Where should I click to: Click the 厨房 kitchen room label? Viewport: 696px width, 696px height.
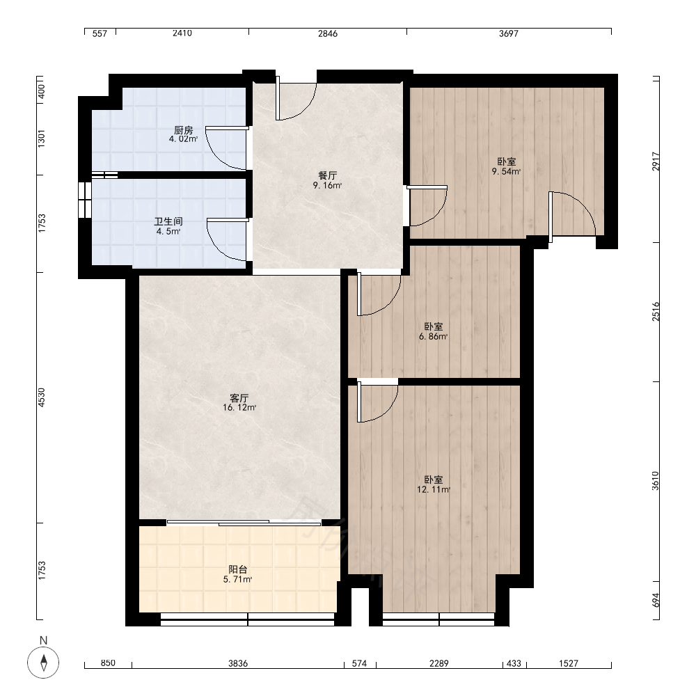pyautogui.click(x=183, y=130)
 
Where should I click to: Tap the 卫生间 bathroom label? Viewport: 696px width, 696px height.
pyautogui.click(x=168, y=221)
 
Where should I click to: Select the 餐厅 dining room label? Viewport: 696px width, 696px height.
pyautogui.click(x=328, y=176)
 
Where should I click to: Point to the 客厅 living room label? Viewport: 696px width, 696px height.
pyautogui.click(x=239, y=397)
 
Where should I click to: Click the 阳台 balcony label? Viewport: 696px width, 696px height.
pyautogui.click(x=238, y=569)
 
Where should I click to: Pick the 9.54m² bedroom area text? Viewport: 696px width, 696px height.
pyautogui.click(x=506, y=172)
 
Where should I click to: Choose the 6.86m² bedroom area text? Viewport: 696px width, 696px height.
pyautogui.click(x=433, y=336)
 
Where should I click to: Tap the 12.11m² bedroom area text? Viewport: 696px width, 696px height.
pyautogui.click(x=433, y=489)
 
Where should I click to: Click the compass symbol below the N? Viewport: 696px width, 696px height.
pyautogui.click(x=43, y=663)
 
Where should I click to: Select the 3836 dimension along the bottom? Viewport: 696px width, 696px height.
pyautogui.click(x=238, y=663)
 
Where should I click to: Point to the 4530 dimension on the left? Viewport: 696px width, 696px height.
pyautogui.click(x=41, y=397)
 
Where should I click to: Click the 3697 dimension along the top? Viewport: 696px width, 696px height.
pyautogui.click(x=509, y=33)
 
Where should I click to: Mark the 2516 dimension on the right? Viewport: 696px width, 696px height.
pyautogui.click(x=656, y=312)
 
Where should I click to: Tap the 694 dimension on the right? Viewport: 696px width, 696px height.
pyautogui.click(x=656, y=600)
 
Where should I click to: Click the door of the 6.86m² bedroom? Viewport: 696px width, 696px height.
pyautogui.click(x=379, y=294)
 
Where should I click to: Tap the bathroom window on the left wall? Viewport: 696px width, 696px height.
pyautogui.click(x=85, y=200)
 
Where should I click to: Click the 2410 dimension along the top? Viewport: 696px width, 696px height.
pyautogui.click(x=182, y=33)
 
